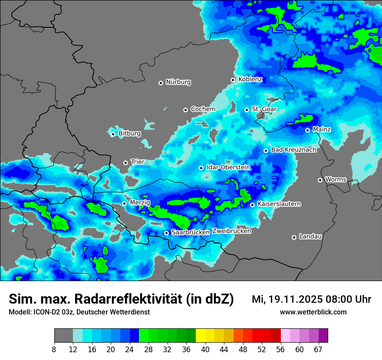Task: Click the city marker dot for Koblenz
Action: [x=233, y=80]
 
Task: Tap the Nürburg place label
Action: [x=178, y=82]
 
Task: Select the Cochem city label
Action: [x=203, y=109]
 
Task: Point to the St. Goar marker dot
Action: [x=247, y=110]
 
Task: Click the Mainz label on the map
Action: [x=322, y=129]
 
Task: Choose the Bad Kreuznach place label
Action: [x=293, y=150]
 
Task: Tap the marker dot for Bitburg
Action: [x=113, y=134]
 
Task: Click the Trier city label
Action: [x=137, y=162]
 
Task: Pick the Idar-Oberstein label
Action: [x=228, y=167]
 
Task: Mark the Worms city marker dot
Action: [x=320, y=180]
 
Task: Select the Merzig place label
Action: [x=140, y=203]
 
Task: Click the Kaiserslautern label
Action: [x=279, y=204]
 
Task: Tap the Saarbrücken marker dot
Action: [x=166, y=233]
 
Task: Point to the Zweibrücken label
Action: [x=232, y=231]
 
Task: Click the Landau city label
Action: [x=310, y=236]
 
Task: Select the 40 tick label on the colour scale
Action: [x=205, y=349]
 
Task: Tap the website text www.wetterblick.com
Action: [x=313, y=312]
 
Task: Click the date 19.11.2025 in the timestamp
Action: [x=293, y=299]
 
